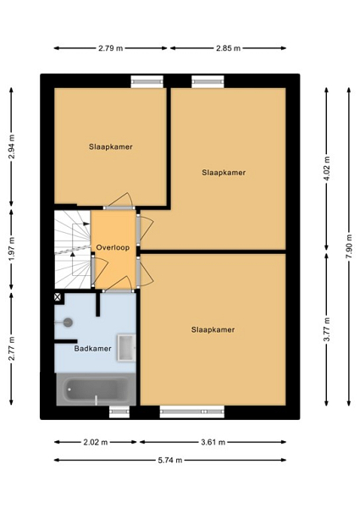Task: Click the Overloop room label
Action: tap(113, 247)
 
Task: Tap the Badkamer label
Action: tap(92, 349)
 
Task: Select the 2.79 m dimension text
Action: tap(110, 48)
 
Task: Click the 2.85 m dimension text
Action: tap(228, 48)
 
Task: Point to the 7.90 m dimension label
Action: tap(349, 246)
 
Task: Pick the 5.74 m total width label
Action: tap(170, 460)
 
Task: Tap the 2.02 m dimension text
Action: tap(96, 442)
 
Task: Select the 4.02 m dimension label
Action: tap(326, 168)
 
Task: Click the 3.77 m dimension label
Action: tap(326, 329)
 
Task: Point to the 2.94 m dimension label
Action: tap(11, 146)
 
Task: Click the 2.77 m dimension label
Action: tap(11, 349)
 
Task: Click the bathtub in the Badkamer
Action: tap(96, 389)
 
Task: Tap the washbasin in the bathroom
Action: tap(126, 348)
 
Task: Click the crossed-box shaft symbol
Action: tap(58, 297)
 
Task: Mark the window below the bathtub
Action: tap(119, 411)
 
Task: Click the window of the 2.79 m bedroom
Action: tap(147, 81)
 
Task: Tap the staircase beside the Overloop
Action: tap(72, 250)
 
